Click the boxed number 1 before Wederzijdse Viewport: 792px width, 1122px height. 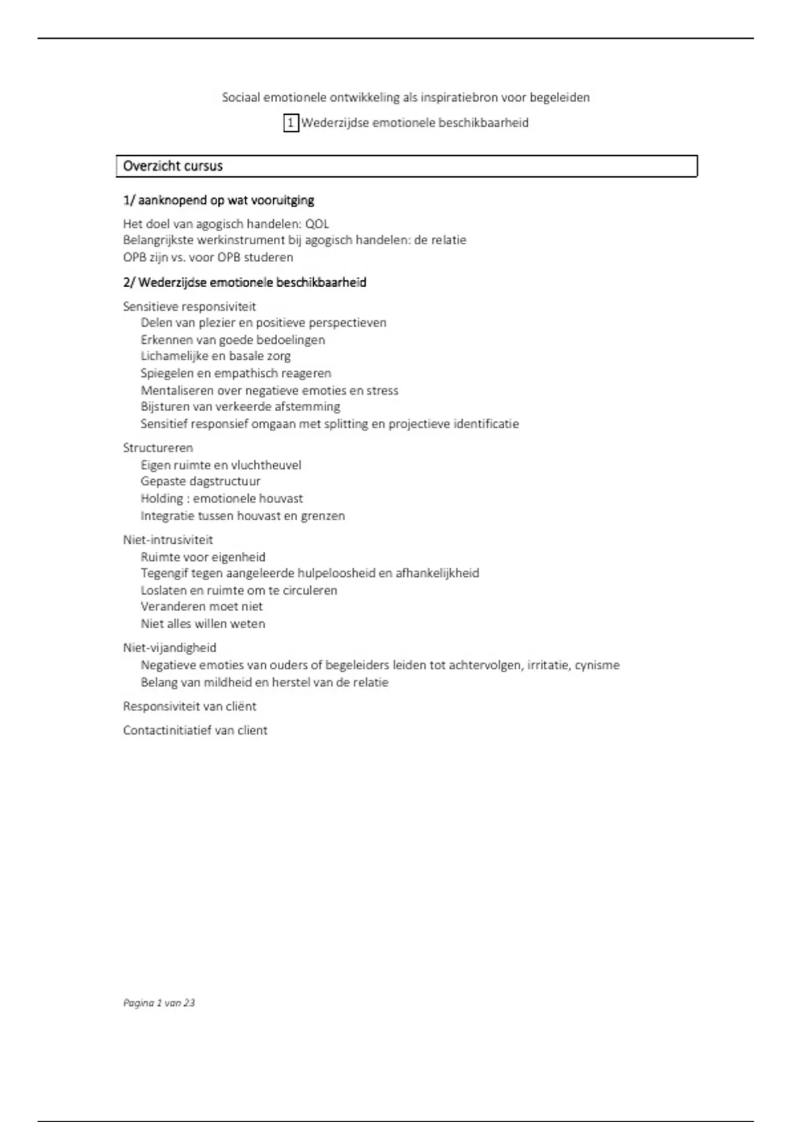coord(291,123)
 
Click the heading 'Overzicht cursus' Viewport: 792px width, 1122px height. coord(173,166)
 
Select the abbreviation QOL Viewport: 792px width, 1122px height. coord(317,224)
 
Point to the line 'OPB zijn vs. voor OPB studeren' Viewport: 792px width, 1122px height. coord(208,257)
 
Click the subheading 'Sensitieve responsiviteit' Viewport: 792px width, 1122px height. coord(189,306)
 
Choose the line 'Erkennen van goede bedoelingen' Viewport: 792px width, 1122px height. coord(232,340)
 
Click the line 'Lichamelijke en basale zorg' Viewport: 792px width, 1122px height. coord(215,356)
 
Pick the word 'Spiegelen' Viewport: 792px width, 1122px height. coord(166,374)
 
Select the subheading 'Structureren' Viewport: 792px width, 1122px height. coord(158,448)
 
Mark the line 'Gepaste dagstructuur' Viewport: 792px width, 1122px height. coord(200,482)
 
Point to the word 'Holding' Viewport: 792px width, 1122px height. coord(162,499)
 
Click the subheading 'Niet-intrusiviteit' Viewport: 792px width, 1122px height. coord(168,540)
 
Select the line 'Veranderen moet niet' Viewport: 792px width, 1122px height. coord(201,607)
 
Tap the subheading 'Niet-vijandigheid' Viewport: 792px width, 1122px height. coord(170,648)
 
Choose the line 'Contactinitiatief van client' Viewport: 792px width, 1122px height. coord(195,731)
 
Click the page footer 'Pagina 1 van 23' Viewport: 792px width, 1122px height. coord(159,1003)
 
